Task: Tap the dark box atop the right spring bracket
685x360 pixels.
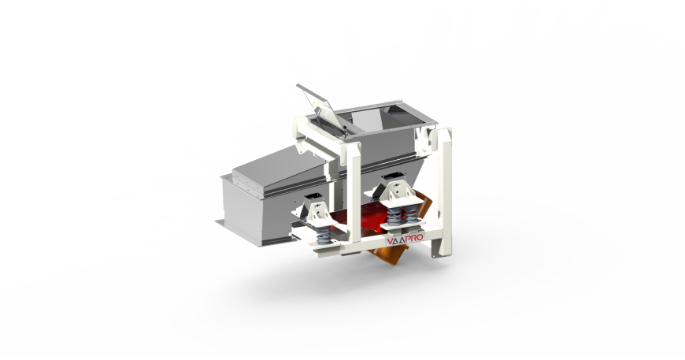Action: pos(391,179)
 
